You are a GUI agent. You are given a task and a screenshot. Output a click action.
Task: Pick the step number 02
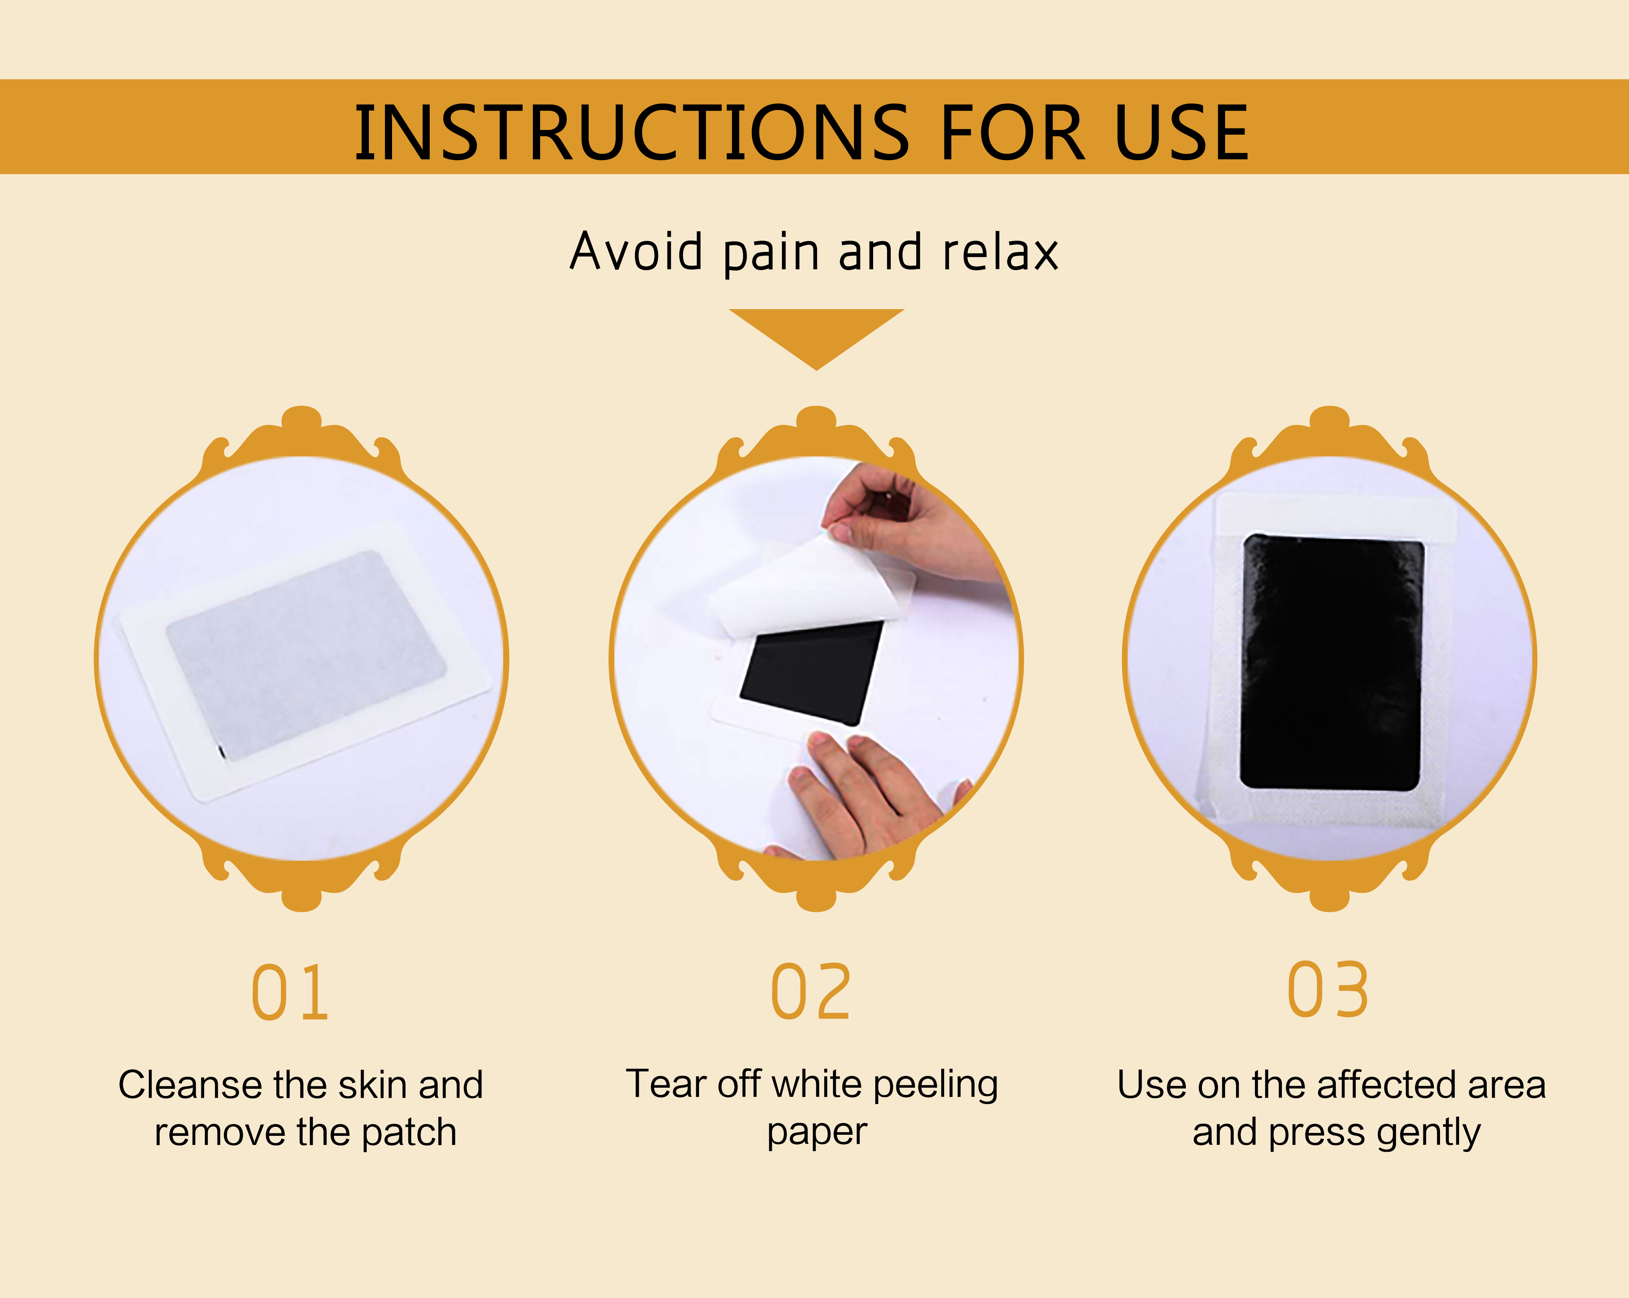pyautogui.click(x=811, y=992)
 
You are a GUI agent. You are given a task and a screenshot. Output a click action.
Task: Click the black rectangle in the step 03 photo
pyautogui.click(x=1332, y=663)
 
